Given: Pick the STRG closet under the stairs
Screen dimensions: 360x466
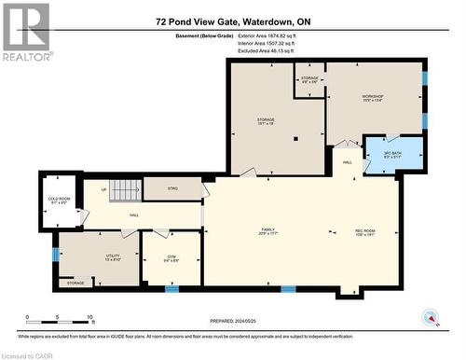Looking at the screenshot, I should pyautogui.click(x=172, y=188).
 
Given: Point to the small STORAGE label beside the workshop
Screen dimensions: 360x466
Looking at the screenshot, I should pyautogui.click(x=309, y=79).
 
